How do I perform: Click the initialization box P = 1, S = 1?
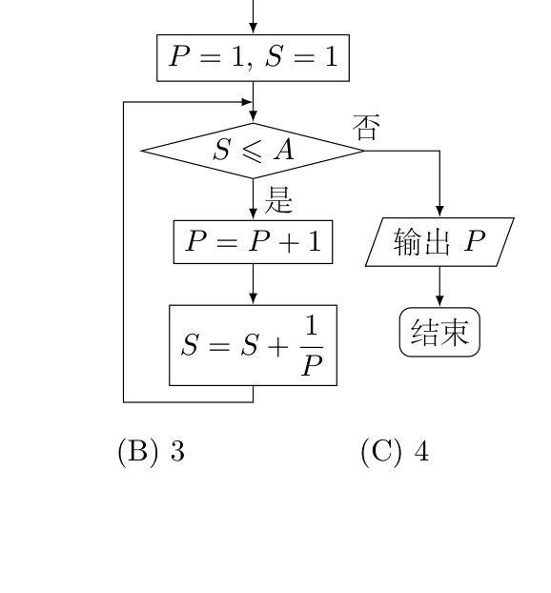(253, 58)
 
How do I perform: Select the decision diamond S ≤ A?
(253, 151)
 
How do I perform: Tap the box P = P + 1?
(253, 241)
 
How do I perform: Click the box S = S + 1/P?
(253, 345)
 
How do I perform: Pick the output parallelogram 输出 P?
(439, 242)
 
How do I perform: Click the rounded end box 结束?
(439, 332)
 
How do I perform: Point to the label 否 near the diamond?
(366, 128)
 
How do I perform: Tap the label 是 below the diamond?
(278, 200)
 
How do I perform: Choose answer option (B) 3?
(152, 451)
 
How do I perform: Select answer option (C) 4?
(395, 451)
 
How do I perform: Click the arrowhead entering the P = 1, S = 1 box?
(253, 29)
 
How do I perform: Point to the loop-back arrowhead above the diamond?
(246, 102)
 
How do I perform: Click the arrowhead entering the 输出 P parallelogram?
(439, 212)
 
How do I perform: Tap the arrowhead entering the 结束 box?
(439, 301)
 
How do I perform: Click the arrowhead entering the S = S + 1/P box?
(253, 298)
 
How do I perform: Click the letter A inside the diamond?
(284, 150)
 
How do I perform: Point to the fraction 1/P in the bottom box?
(312, 346)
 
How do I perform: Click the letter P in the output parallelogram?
(475, 240)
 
